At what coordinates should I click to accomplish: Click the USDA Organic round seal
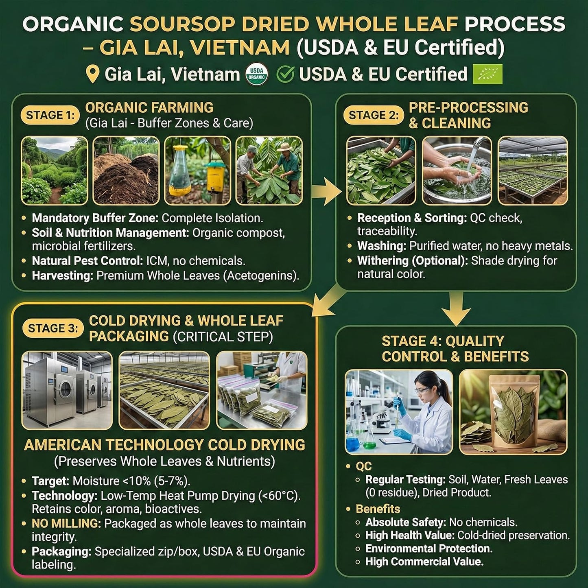point(257,74)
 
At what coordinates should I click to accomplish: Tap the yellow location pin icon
point(93,74)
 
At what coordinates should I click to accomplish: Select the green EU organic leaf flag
point(487,74)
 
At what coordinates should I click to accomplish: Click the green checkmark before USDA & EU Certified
point(285,74)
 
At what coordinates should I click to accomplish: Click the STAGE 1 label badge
point(50,116)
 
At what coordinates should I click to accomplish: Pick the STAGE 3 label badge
point(52,328)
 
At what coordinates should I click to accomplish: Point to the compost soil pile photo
point(126,170)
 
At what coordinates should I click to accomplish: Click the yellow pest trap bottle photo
point(197,170)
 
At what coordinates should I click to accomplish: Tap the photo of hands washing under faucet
point(457,170)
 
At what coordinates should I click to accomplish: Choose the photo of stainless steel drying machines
point(67,390)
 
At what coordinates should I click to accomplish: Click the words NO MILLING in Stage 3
point(66,523)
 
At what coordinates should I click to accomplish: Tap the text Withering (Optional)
point(412,261)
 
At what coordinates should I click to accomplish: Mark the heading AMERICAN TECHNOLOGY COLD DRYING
point(164,445)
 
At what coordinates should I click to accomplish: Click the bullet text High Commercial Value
point(424,562)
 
